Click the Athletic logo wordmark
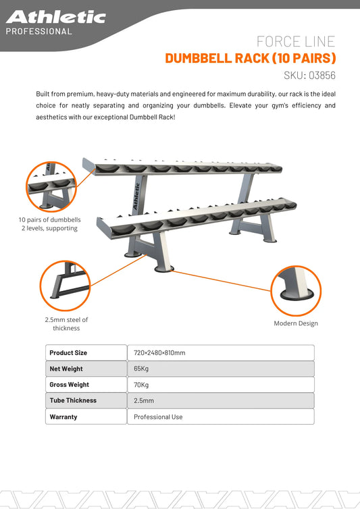click(55, 17)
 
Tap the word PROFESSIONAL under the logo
click(38, 31)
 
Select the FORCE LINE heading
click(296, 42)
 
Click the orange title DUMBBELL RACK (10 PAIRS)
click(250, 58)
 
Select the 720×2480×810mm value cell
click(159, 352)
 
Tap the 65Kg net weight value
click(141, 369)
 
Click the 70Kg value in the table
click(141, 385)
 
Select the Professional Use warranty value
click(158, 417)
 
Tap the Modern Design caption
click(295, 323)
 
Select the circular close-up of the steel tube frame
click(66, 284)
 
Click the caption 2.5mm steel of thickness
click(66, 324)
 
